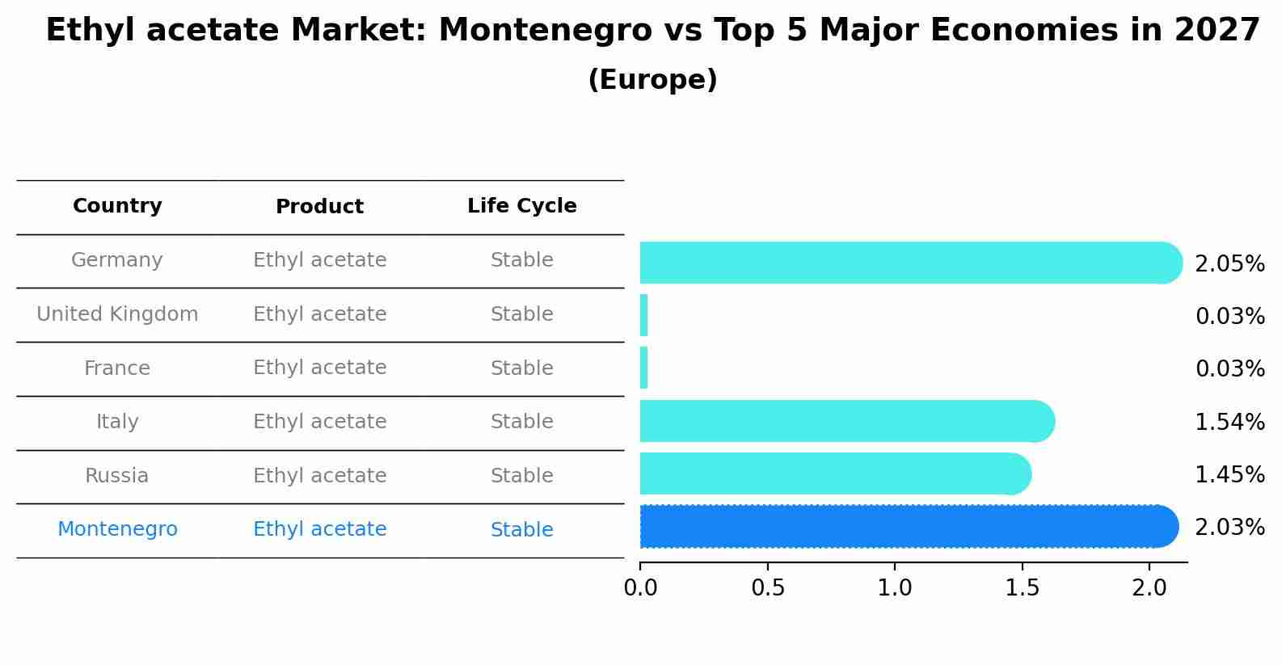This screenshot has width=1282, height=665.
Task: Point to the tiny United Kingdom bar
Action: (643, 315)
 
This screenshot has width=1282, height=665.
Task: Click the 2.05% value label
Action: (1229, 264)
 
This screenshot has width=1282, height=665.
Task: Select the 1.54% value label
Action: (1229, 422)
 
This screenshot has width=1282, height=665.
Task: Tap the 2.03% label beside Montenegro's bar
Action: (1229, 528)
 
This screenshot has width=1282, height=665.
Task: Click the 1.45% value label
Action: (1229, 475)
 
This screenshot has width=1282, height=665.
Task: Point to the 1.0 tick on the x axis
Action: (895, 588)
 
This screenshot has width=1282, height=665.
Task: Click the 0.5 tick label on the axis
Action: (767, 588)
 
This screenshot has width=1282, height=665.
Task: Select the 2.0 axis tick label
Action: (1149, 588)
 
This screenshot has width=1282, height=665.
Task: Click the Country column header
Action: (117, 206)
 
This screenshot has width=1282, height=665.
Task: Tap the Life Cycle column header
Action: (521, 206)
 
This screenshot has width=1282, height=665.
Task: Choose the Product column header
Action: (319, 207)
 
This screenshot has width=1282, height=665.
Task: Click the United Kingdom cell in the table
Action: (117, 314)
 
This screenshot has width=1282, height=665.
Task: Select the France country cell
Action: (117, 368)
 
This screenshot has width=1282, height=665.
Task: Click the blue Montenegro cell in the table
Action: (117, 529)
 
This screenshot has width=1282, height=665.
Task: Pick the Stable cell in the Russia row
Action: (521, 476)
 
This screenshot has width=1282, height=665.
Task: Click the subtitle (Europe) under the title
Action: (652, 80)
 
